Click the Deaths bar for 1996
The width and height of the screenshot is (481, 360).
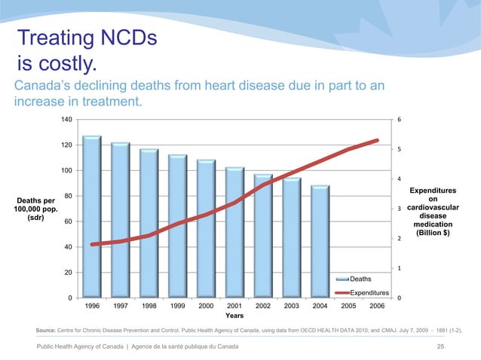coord(92,217)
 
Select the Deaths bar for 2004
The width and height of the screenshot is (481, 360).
coord(320,242)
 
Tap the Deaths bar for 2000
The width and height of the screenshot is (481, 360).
coord(206,228)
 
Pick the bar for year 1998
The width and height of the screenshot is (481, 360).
coord(149,224)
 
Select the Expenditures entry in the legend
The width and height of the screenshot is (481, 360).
coord(363,293)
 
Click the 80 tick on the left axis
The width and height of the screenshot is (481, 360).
coord(68,196)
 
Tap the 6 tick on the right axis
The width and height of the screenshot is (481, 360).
coord(399,120)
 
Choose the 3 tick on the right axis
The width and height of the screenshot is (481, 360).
coord(399,209)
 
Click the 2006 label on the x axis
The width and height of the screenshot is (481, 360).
coord(377,306)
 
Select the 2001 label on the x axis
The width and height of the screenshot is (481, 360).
coord(234,306)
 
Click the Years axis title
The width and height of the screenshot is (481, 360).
coord(234,316)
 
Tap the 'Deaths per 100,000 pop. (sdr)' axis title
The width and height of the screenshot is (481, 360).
coord(35,209)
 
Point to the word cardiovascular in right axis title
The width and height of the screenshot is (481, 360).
coord(433,207)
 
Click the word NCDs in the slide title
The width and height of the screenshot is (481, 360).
coord(128,38)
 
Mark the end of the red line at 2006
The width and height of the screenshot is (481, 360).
coord(377,140)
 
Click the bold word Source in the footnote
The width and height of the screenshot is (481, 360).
coord(46,331)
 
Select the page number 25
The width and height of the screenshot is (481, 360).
coord(440,346)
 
